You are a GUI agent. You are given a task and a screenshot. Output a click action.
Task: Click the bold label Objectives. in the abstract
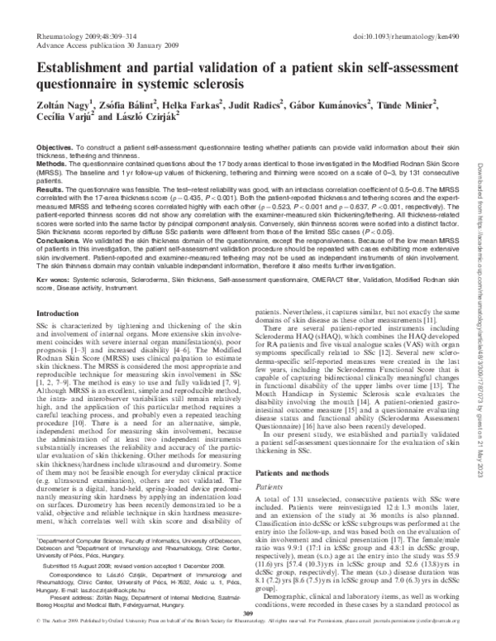(x=55, y=146)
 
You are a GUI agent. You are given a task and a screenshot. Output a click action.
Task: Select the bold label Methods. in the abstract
(x=51, y=164)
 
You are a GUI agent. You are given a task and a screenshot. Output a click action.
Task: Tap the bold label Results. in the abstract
(x=50, y=189)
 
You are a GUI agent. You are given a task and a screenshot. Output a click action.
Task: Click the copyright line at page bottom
(x=248, y=632)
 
